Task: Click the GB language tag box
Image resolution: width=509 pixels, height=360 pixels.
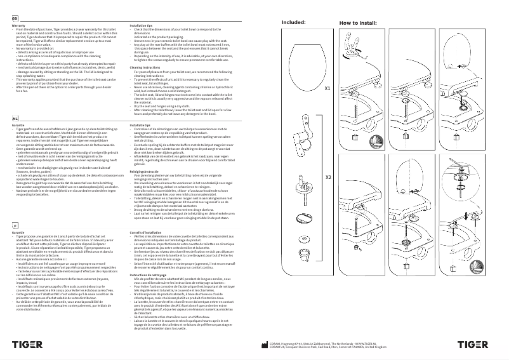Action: coord(15,20)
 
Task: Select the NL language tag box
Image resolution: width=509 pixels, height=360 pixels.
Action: coord(15,118)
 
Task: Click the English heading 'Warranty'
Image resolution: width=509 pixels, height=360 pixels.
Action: coord(18,25)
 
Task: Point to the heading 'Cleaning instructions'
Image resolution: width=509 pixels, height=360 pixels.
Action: coord(144,66)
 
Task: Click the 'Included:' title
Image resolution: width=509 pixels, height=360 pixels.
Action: coord(293,22)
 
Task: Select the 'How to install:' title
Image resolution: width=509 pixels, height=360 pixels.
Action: coord(359,22)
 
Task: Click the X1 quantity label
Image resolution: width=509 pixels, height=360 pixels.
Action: coord(327,89)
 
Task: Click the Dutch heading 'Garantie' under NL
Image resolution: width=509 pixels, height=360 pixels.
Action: coord(18,124)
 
